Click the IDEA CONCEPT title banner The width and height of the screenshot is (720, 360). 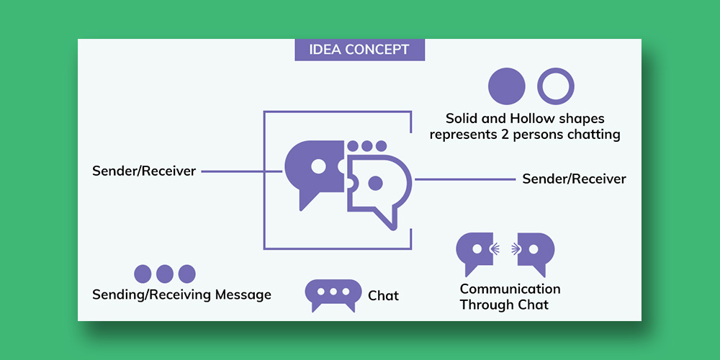(359, 50)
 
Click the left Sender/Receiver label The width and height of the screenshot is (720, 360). (144, 171)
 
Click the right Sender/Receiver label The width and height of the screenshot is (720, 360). (574, 179)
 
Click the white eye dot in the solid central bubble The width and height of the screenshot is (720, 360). (319, 166)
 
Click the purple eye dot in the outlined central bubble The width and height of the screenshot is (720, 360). (374, 184)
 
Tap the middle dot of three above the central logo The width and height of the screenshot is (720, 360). (367, 146)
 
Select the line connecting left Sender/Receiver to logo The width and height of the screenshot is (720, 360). (241, 171)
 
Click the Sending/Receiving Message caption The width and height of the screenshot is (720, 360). (181, 294)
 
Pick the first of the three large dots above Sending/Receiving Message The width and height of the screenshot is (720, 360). (143, 274)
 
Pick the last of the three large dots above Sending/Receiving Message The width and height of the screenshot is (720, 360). (187, 274)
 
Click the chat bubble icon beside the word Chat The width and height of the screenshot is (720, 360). (333, 294)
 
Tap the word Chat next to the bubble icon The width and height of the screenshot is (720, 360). (383, 296)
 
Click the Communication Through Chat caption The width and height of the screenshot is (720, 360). (510, 297)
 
